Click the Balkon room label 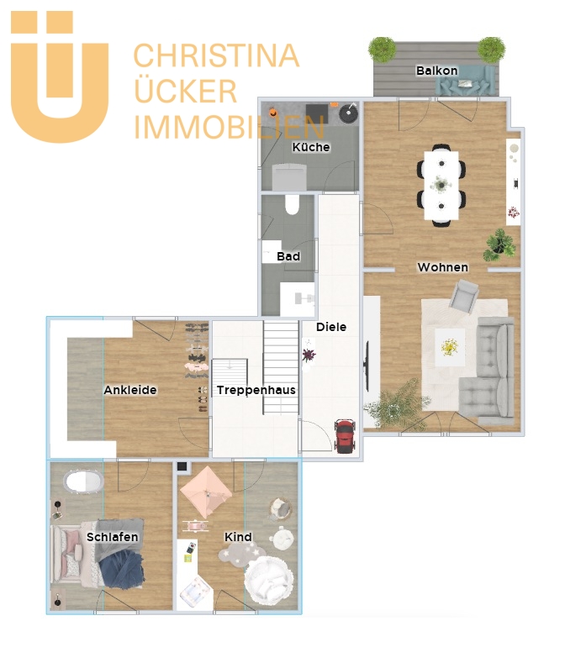pyautogui.click(x=436, y=71)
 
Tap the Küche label pyautogui.click(x=311, y=147)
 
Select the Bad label pyautogui.click(x=288, y=256)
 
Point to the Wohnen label pyautogui.click(x=443, y=267)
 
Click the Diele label pyautogui.click(x=331, y=327)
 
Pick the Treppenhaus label pyautogui.click(x=256, y=390)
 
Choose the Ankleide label pyautogui.click(x=130, y=390)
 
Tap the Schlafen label pyautogui.click(x=113, y=537)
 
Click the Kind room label pyautogui.click(x=238, y=537)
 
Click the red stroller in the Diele pyautogui.click(x=346, y=436)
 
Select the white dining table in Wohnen pyautogui.click(x=441, y=185)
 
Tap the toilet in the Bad pyautogui.click(x=292, y=205)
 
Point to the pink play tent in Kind pyautogui.click(x=206, y=492)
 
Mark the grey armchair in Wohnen pyautogui.click(x=464, y=297)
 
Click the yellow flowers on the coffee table pyautogui.click(x=449, y=347)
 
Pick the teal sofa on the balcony pyautogui.click(x=466, y=81)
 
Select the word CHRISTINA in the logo pyautogui.click(x=217, y=55)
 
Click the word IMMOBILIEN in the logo pyautogui.click(x=229, y=126)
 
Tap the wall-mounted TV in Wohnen pyautogui.click(x=367, y=366)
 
